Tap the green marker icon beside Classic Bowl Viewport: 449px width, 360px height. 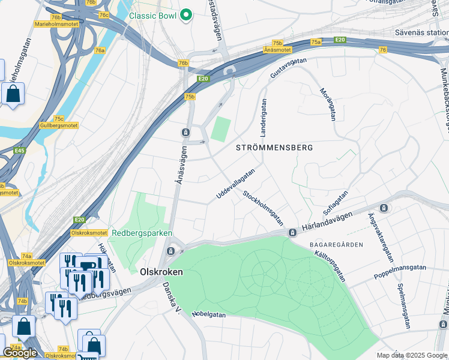coord(186,15)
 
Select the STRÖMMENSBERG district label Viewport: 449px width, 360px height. coord(274,147)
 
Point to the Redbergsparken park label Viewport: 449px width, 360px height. coord(142,233)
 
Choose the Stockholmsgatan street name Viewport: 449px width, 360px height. coord(263,208)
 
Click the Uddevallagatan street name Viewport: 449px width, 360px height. coord(235,184)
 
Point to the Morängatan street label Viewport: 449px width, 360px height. coord(327,104)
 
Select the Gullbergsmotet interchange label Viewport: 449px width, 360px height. coord(58,125)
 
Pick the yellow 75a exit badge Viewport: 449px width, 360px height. coord(316,42)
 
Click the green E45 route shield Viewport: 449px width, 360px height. coord(19,151)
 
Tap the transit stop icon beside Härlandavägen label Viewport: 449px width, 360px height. coord(292,232)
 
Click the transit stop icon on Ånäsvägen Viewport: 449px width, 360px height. coord(185,132)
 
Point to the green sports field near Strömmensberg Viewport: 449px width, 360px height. coord(220,129)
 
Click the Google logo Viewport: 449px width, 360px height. coord(19,353)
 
